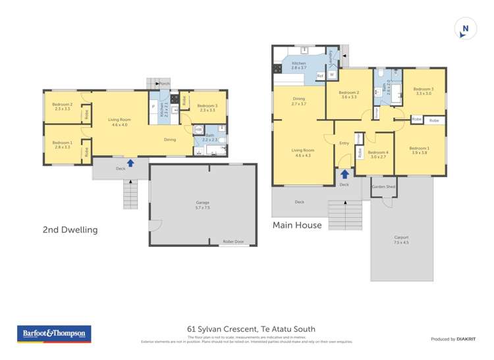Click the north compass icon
pos(465,28)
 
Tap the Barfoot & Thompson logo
pos(54,334)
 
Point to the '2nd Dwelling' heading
pos(70,230)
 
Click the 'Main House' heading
pos(298,225)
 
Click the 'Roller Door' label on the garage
pos(233,242)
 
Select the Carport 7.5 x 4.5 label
pos(401,240)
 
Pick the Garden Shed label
pos(383,187)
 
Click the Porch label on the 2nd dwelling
pos(164,84)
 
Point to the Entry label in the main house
pos(344,143)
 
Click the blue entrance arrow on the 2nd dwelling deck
pos(130,163)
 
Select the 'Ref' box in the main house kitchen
pos(320,76)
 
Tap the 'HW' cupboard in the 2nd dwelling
pos(198,130)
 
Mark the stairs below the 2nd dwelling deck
pos(131,194)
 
